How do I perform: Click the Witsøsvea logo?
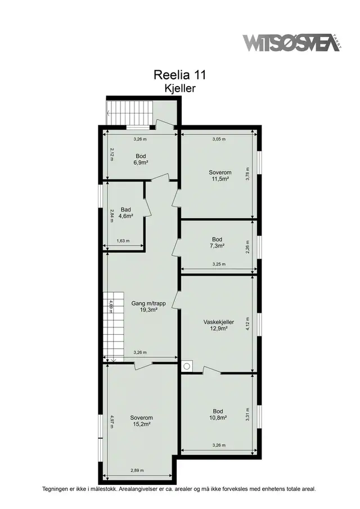[291, 43]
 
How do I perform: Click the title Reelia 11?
[179, 75]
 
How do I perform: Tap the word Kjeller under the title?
[180, 88]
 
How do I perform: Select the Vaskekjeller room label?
[218, 325]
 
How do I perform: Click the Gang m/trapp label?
[148, 307]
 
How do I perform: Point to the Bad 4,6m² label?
[125, 213]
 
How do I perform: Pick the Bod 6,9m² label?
[141, 159]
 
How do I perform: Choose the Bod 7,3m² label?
[217, 243]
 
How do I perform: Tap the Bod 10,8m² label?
[218, 415]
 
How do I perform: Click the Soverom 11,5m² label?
[220, 175]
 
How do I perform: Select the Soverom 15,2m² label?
[141, 421]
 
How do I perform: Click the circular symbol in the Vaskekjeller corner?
[187, 366]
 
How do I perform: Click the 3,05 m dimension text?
[219, 139]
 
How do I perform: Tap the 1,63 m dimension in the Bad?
[123, 241]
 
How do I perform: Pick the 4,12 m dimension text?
[247, 323]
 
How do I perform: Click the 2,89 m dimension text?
[137, 470]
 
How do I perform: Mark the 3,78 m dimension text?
[247, 174]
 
